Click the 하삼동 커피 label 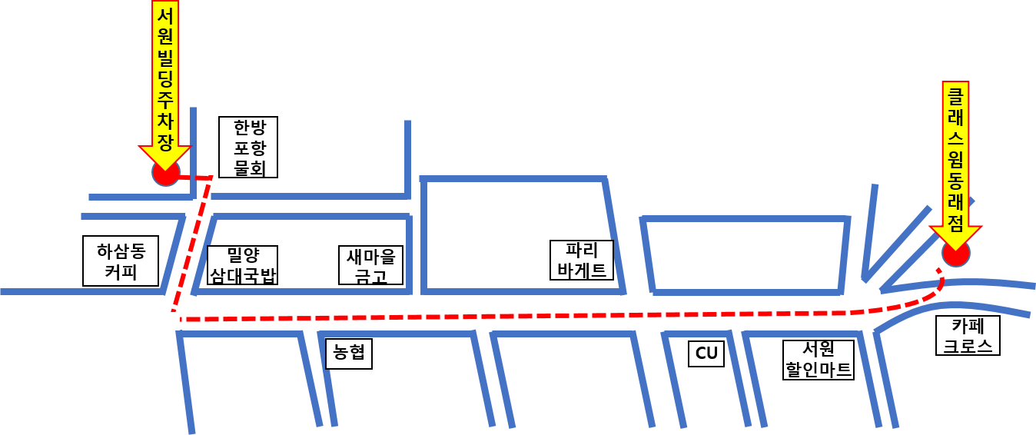click(x=121, y=261)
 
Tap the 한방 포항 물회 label click(x=248, y=147)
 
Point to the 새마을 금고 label click(x=370, y=265)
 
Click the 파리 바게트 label click(x=582, y=260)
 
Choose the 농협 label click(x=348, y=354)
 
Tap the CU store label click(x=706, y=354)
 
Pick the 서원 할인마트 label click(x=819, y=360)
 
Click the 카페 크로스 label click(x=968, y=335)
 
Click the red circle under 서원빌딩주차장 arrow click(x=165, y=174)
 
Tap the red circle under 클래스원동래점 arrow click(x=956, y=254)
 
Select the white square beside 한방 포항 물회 click(x=209, y=166)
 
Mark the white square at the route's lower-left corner click(x=170, y=321)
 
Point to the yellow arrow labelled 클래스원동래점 click(x=955, y=161)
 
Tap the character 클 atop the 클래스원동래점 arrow click(x=955, y=97)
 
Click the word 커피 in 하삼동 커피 click(x=121, y=272)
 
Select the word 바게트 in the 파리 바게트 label click(x=582, y=270)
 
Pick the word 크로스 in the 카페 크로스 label click(x=968, y=345)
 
